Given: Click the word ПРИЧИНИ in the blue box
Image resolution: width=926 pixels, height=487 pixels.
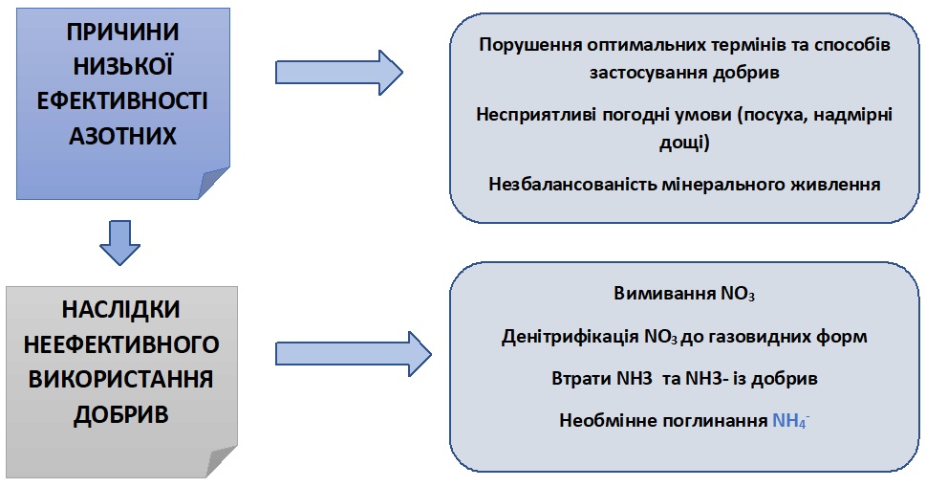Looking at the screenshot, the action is (122, 32).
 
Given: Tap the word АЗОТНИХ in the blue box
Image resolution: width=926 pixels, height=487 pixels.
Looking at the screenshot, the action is (122, 136).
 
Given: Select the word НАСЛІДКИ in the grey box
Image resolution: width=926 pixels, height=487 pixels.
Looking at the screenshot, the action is (121, 310).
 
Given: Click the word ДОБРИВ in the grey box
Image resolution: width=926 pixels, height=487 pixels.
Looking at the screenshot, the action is (121, 414).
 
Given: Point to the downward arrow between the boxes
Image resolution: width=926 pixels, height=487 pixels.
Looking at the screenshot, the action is (119, 243).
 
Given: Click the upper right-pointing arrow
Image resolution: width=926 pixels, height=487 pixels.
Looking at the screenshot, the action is (339, 73).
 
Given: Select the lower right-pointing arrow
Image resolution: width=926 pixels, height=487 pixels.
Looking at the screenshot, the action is (354, 354).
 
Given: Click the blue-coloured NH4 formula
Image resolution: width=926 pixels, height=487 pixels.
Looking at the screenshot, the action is (790, 420).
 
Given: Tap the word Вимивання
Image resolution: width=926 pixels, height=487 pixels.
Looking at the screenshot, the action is (664, 293).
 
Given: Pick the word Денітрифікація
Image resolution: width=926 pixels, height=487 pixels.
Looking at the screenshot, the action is (571, 336).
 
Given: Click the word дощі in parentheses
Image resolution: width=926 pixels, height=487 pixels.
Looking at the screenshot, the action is (682, 143).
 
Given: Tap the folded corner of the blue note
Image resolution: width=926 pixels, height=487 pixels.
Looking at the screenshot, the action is (214, 183).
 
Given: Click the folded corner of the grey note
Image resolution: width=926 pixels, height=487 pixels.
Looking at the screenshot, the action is (222, 461).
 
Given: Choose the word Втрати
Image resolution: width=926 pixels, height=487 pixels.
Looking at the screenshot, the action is (580, 378).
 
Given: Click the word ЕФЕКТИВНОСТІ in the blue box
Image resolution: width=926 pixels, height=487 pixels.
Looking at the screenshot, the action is (122, 101).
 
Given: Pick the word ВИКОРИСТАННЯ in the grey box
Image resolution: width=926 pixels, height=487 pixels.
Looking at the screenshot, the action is (121, 380).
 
